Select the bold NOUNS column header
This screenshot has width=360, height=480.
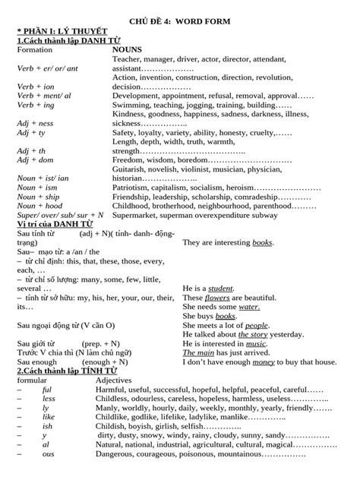pyautogui.click(x=126, y=47)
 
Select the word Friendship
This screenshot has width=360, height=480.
pyautogui.click(x=134, y=196)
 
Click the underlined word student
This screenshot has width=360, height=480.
pyautogui.click(x=220, y=288)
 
